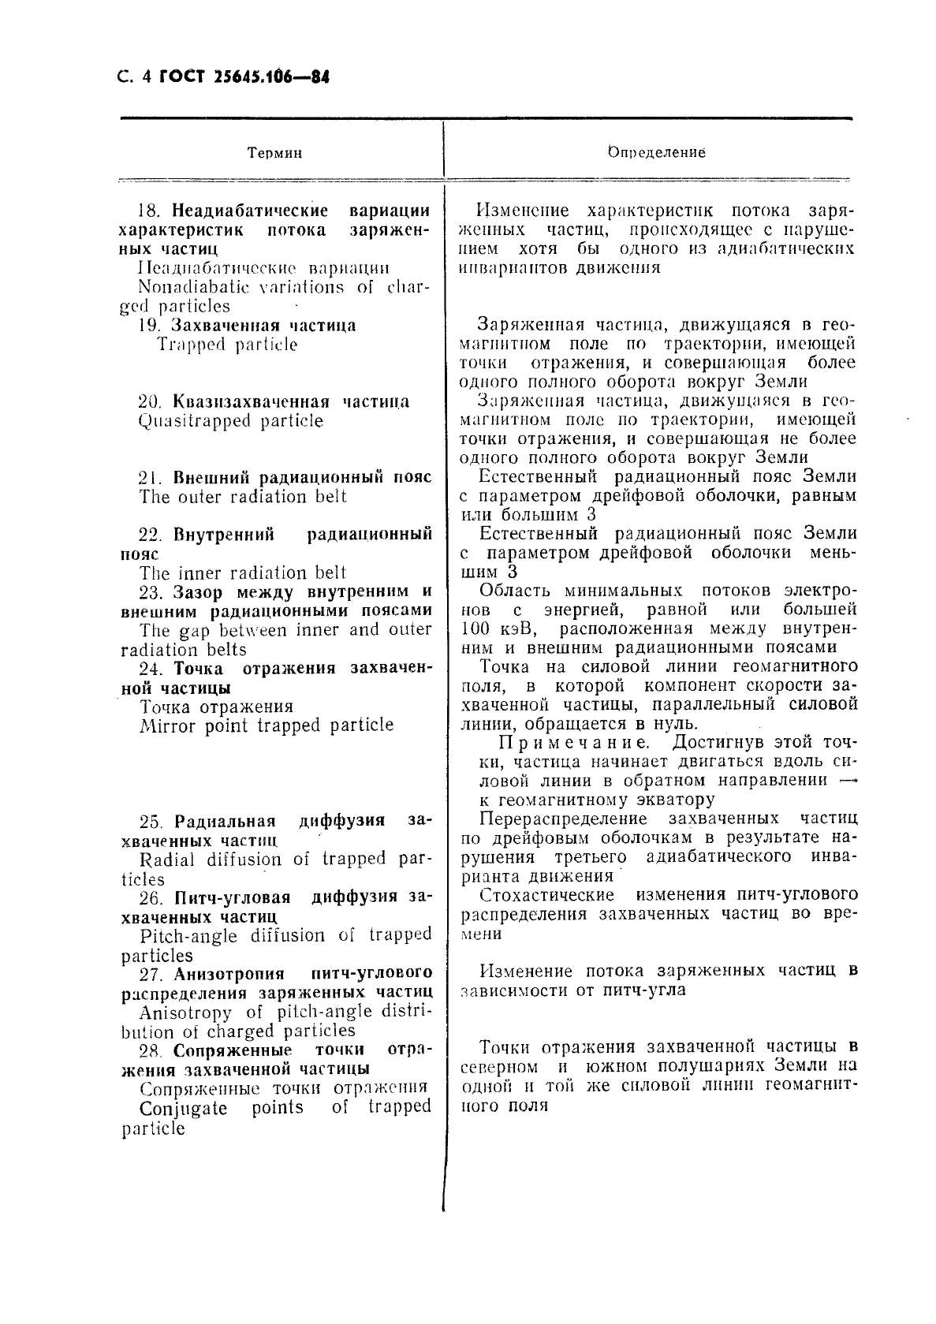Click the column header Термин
[274, 153]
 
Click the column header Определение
[656, 152]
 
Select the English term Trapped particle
[227, 345]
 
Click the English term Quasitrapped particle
[230, 420]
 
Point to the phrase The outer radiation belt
[243, 497]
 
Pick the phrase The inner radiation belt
[243, 573]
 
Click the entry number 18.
[150, 211]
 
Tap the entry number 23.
[150, 592]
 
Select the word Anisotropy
[185, 1013]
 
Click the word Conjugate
[183, 1108]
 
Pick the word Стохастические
[546, 895]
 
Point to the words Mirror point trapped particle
[267, 725]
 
